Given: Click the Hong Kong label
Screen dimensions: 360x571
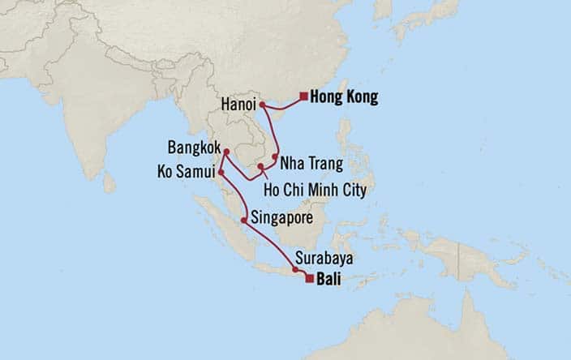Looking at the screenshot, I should pos(344,97).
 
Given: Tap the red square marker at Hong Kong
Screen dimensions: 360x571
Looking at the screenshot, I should pos(303,97).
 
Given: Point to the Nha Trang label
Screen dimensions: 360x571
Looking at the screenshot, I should pos(308,164).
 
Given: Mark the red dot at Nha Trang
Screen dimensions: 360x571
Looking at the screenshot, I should pos(276,157).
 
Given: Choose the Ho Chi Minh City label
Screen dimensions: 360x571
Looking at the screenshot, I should pos(316,191).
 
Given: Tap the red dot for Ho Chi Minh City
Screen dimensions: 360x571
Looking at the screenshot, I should pos(261,168).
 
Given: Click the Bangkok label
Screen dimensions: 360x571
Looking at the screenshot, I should pos(193,150).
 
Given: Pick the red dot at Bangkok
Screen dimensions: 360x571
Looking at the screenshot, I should pos(227,152).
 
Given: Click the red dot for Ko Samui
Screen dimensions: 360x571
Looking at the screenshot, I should pos(221,173).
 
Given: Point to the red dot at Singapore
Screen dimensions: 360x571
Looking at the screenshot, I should pos(244,218).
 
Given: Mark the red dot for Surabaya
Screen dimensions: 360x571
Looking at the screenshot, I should pos(294,269).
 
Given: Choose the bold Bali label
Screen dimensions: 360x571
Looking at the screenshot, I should pos(329,280).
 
